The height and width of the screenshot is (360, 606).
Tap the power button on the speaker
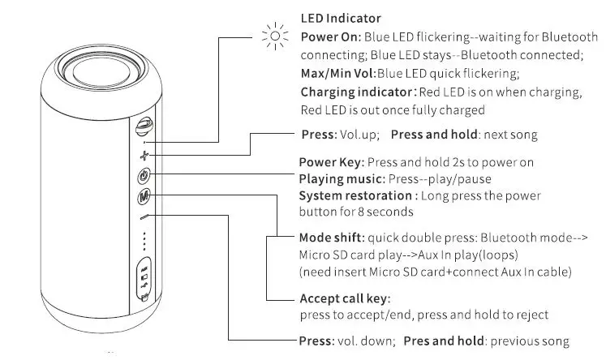(144, 175)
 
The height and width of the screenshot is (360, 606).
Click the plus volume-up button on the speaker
(144, 154)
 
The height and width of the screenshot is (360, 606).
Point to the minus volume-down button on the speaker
(144, 216)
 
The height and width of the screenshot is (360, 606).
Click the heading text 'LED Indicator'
(341, 18)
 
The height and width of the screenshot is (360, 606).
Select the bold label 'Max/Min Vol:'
(337, 74)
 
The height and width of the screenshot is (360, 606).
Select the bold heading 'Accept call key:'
(345, 298)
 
